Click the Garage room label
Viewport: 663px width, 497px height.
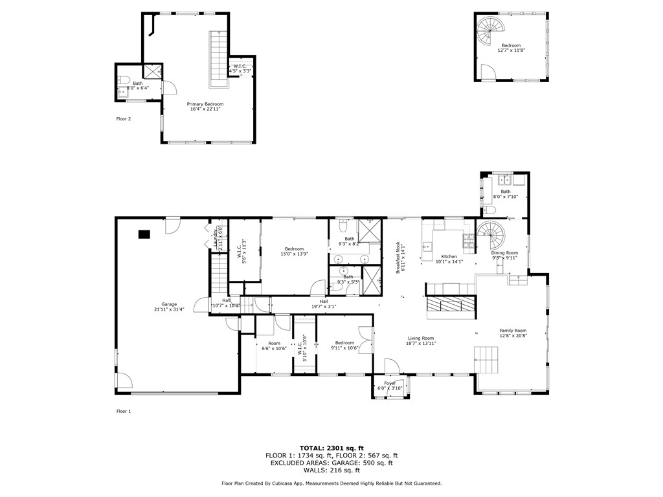[x=169, y=307]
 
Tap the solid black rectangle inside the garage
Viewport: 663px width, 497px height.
[x=144, y=234]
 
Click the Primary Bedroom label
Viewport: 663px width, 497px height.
[x=205, y=107]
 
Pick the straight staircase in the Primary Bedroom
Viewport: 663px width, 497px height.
[x=218, y=60]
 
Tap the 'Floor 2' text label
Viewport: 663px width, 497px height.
[x=124, y=119]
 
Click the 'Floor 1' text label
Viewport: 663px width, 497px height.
[x=124, y=411]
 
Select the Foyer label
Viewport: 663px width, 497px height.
[x=390, y=386]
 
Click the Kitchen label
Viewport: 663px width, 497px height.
[x=449, y=259]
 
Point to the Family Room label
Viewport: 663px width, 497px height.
[x=513, y=333]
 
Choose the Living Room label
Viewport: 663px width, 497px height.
[x=420, y=340]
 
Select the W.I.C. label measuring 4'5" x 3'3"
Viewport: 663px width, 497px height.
[x=239, y=68]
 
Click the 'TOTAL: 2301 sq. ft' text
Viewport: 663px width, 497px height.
[x=331, y=448]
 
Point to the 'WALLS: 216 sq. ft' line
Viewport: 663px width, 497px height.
[x=331, y=470]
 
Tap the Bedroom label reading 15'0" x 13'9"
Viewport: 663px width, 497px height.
[x=295, y=251]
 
